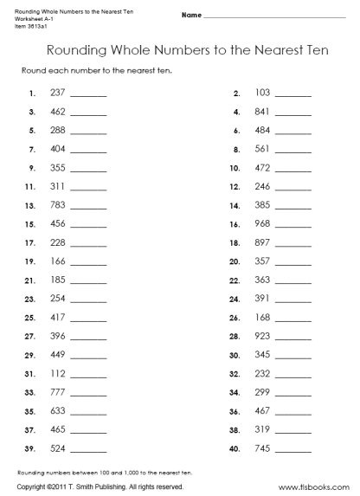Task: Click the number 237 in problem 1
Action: click(x=59, y=92)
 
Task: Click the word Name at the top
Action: click(x=191, y=16)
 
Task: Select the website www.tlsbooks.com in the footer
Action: click(x=318, y=488)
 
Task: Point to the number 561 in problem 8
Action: click(x=263, y=148)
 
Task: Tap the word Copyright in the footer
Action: click(x=33, y=488)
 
